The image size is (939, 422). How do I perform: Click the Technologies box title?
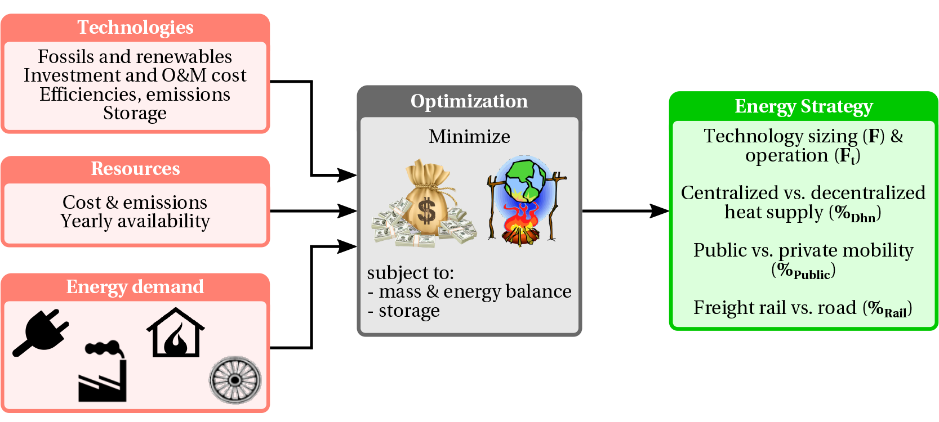coord(135,28)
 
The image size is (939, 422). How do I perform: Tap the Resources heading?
coord(135,169)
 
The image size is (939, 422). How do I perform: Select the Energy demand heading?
coord(135,287)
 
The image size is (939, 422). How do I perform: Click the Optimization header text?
coord(469,101)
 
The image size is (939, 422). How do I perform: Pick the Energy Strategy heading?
coord(804,106)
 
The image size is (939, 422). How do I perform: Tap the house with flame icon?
coord(175,333)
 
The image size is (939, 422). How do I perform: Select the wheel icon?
coord(235,380)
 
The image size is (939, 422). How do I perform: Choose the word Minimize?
coord(469,137)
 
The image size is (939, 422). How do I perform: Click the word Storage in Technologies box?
coord(135,114)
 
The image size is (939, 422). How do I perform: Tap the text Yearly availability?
coord(135,222)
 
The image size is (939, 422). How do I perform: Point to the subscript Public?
coord(812,275)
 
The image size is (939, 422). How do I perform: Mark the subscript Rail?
coord(896,313)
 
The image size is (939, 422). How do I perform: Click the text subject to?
coord(410,273)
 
